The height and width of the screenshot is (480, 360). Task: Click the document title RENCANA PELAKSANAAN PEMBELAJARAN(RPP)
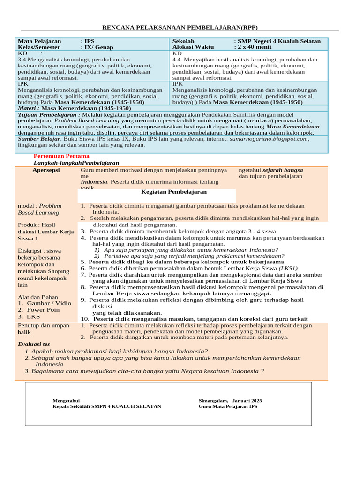coord(180,27)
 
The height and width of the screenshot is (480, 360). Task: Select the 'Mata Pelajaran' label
coord(39,41)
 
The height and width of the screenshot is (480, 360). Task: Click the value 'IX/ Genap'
coord(99,47)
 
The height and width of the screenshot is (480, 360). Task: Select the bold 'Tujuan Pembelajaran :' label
coord(49,114)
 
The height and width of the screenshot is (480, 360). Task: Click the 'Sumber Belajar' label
coord(38,139)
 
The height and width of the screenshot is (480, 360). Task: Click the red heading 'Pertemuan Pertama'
coord(61,156)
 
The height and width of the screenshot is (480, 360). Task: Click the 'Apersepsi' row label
coord(46,170)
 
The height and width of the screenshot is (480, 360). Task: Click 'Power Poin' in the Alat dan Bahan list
coord(43,310)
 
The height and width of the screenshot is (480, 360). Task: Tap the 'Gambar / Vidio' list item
coord(49,303)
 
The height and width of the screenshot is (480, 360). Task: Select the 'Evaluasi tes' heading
coord(34,344)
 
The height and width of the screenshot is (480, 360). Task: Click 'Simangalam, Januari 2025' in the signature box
coord(230,401)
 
